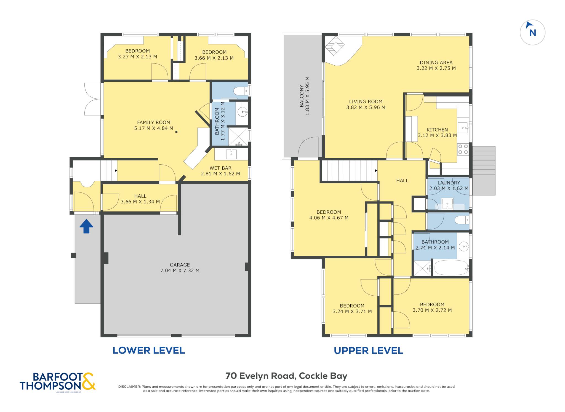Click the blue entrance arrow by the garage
[x=86, y=226]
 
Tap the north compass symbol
[x=532, y=32]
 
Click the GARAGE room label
[x=180, y=265]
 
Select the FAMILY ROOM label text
[x=154, y=122]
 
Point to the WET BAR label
[x=220, y=168]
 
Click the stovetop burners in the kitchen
[x=463, y=149]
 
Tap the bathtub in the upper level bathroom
[x=451, y=268]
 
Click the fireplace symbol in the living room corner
[x=335, y=46]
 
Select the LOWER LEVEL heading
[x=149, y=350]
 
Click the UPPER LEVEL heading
[x=369, y=351]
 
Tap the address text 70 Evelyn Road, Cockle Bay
[x=286, y=376]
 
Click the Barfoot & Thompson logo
[x=57, y=382]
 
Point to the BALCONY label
[x=302, y=96]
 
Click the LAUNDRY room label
[x=449, y=183]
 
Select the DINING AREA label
[x=436, y=63]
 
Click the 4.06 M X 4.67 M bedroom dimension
[x=329, y=218]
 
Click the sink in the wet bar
[x=231, y=154]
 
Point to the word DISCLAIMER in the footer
[x=129, y=387]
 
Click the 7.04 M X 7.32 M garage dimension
[x=180, y=271]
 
